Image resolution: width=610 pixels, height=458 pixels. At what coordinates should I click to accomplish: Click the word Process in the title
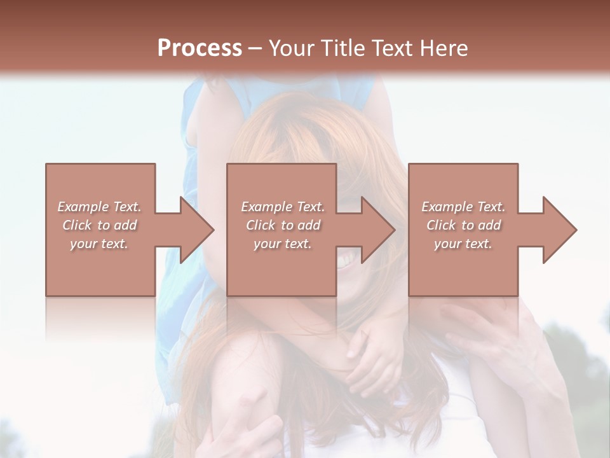[x=200, y=48]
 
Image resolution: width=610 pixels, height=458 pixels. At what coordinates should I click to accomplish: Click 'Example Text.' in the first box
[x=99, y=207]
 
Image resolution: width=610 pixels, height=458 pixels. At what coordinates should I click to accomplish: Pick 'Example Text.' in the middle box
[x=283, y=207]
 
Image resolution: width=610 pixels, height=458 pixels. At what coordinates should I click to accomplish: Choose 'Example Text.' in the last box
[x=463, y=207]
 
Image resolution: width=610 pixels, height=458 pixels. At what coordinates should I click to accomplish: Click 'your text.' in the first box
[x=99, y=244]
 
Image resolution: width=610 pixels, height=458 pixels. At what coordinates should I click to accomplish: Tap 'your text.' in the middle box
[x=283, y=244]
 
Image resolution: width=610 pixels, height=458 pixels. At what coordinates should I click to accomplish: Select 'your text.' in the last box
[x=463, y=244]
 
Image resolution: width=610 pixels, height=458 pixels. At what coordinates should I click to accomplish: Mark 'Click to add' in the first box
[x=99, y=225]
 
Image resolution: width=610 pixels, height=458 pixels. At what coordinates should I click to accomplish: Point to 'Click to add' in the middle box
[x=283, y=225]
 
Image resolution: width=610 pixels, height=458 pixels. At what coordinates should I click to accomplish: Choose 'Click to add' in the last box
[x=463, y=225]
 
